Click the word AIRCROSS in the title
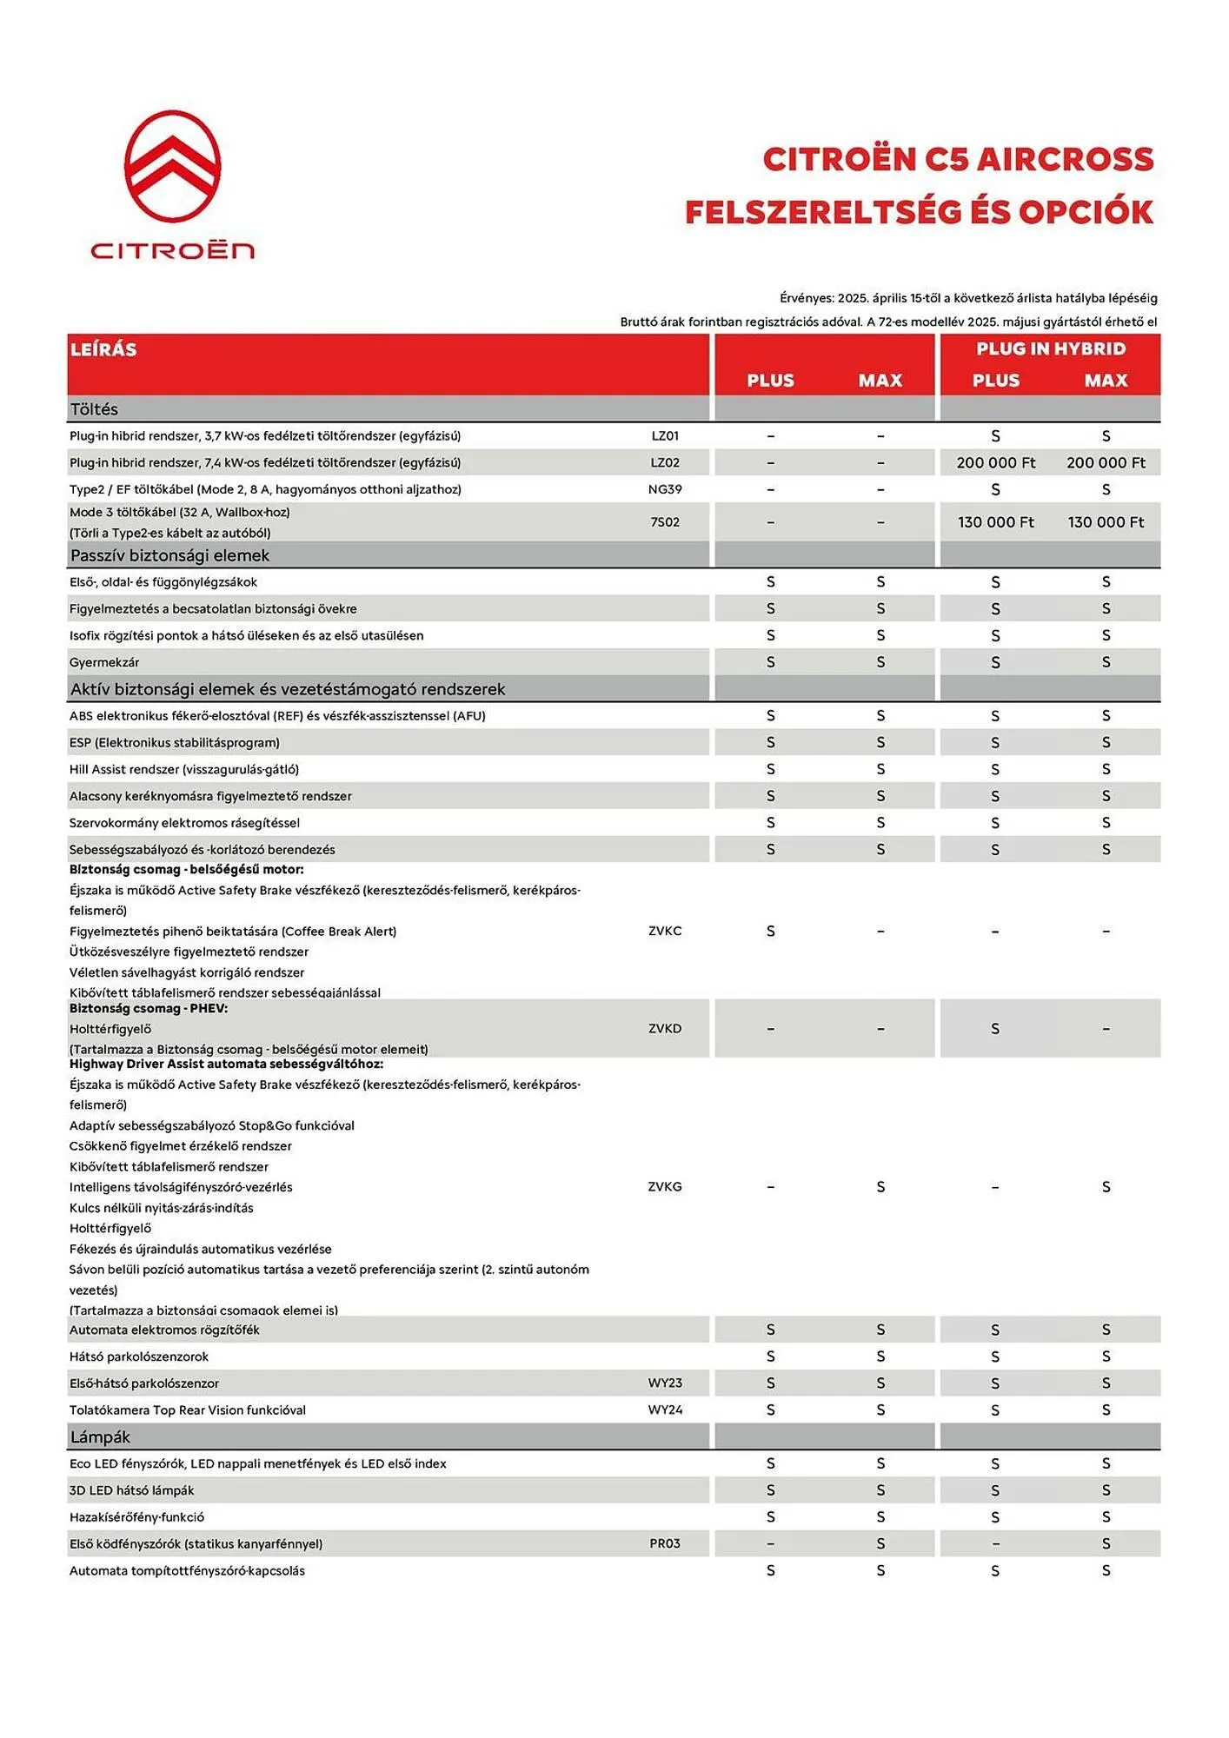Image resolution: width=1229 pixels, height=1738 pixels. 1066,160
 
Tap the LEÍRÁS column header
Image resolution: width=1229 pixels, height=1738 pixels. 103,349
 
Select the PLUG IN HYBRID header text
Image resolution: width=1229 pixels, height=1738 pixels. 1050,349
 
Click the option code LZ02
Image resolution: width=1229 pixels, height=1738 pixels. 665,463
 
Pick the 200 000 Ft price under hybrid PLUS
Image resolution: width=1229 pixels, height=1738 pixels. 995,463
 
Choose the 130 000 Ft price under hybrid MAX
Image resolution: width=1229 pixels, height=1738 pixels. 1106,522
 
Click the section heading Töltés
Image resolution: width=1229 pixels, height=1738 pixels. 94,409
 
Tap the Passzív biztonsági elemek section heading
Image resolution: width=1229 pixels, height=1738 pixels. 169,555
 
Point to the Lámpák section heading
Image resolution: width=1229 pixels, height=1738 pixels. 100,1437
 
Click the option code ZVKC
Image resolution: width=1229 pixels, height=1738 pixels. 665,931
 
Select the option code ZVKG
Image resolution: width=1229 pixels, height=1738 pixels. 665,1187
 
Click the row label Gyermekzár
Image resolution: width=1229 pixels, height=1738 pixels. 104,662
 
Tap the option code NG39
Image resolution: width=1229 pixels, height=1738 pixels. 665,489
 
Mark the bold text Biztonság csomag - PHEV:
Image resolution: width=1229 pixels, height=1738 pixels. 149,1009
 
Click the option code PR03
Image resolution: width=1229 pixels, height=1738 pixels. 665,1544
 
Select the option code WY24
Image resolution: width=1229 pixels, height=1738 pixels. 665,1410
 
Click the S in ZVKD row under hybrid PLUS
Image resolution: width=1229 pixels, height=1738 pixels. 995,1029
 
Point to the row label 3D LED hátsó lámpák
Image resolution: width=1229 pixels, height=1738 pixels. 131,1490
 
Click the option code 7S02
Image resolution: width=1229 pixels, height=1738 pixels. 665,522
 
